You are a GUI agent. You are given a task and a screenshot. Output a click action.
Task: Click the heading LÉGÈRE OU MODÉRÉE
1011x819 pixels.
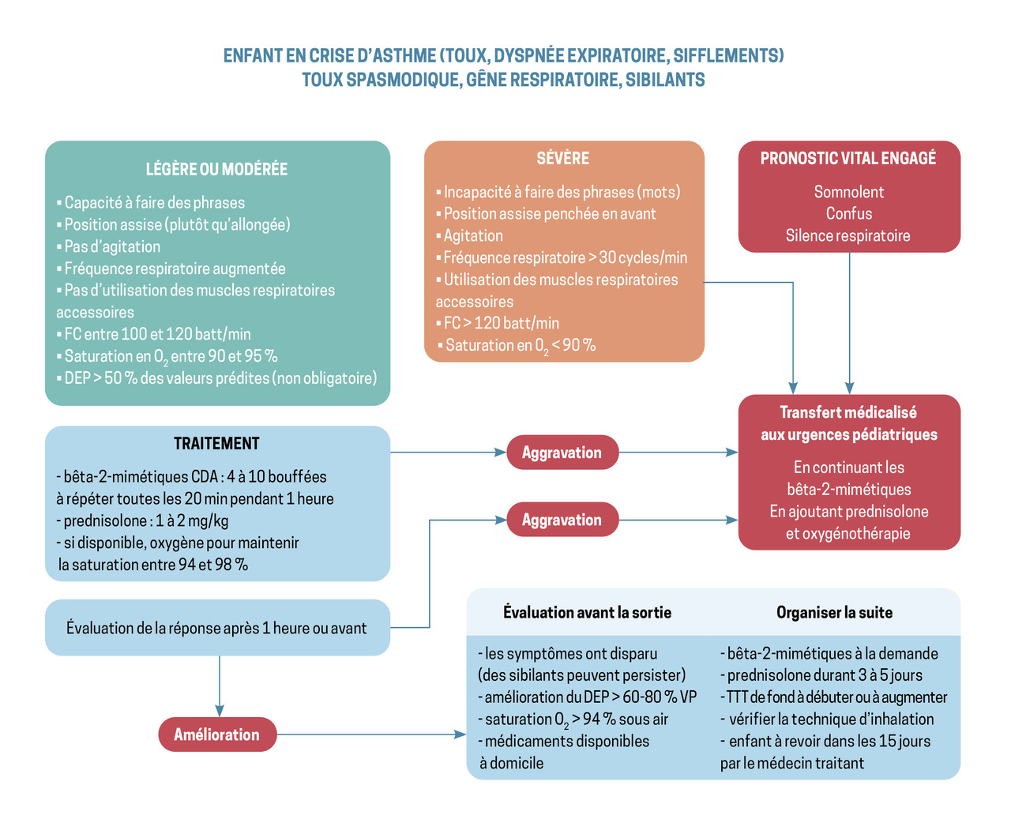216,169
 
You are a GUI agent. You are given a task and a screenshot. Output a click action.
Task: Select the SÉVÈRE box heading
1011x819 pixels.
562,158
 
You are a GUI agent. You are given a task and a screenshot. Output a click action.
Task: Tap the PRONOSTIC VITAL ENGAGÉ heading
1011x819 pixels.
848,158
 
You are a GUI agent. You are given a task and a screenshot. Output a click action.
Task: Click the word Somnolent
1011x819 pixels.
848,192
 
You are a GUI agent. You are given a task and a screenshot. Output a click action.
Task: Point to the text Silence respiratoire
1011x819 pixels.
848,235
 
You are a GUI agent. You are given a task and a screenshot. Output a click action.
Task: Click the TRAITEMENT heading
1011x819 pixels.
216,444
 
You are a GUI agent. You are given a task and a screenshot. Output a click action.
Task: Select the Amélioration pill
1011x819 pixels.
217,734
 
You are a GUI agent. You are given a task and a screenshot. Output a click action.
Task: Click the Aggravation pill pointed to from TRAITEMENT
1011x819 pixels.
562,453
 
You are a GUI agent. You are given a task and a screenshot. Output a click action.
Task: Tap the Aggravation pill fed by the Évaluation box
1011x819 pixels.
562,520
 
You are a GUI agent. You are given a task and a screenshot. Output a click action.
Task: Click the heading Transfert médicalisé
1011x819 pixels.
848,412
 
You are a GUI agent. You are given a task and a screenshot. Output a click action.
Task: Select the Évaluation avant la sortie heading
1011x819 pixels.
587,613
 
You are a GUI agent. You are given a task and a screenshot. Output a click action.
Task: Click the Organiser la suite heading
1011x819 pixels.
834,613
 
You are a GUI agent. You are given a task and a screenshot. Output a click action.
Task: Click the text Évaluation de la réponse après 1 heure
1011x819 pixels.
216,629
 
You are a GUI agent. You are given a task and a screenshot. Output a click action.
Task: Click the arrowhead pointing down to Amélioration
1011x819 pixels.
220,710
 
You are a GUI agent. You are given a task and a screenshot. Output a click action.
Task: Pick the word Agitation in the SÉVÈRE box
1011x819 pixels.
473,235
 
